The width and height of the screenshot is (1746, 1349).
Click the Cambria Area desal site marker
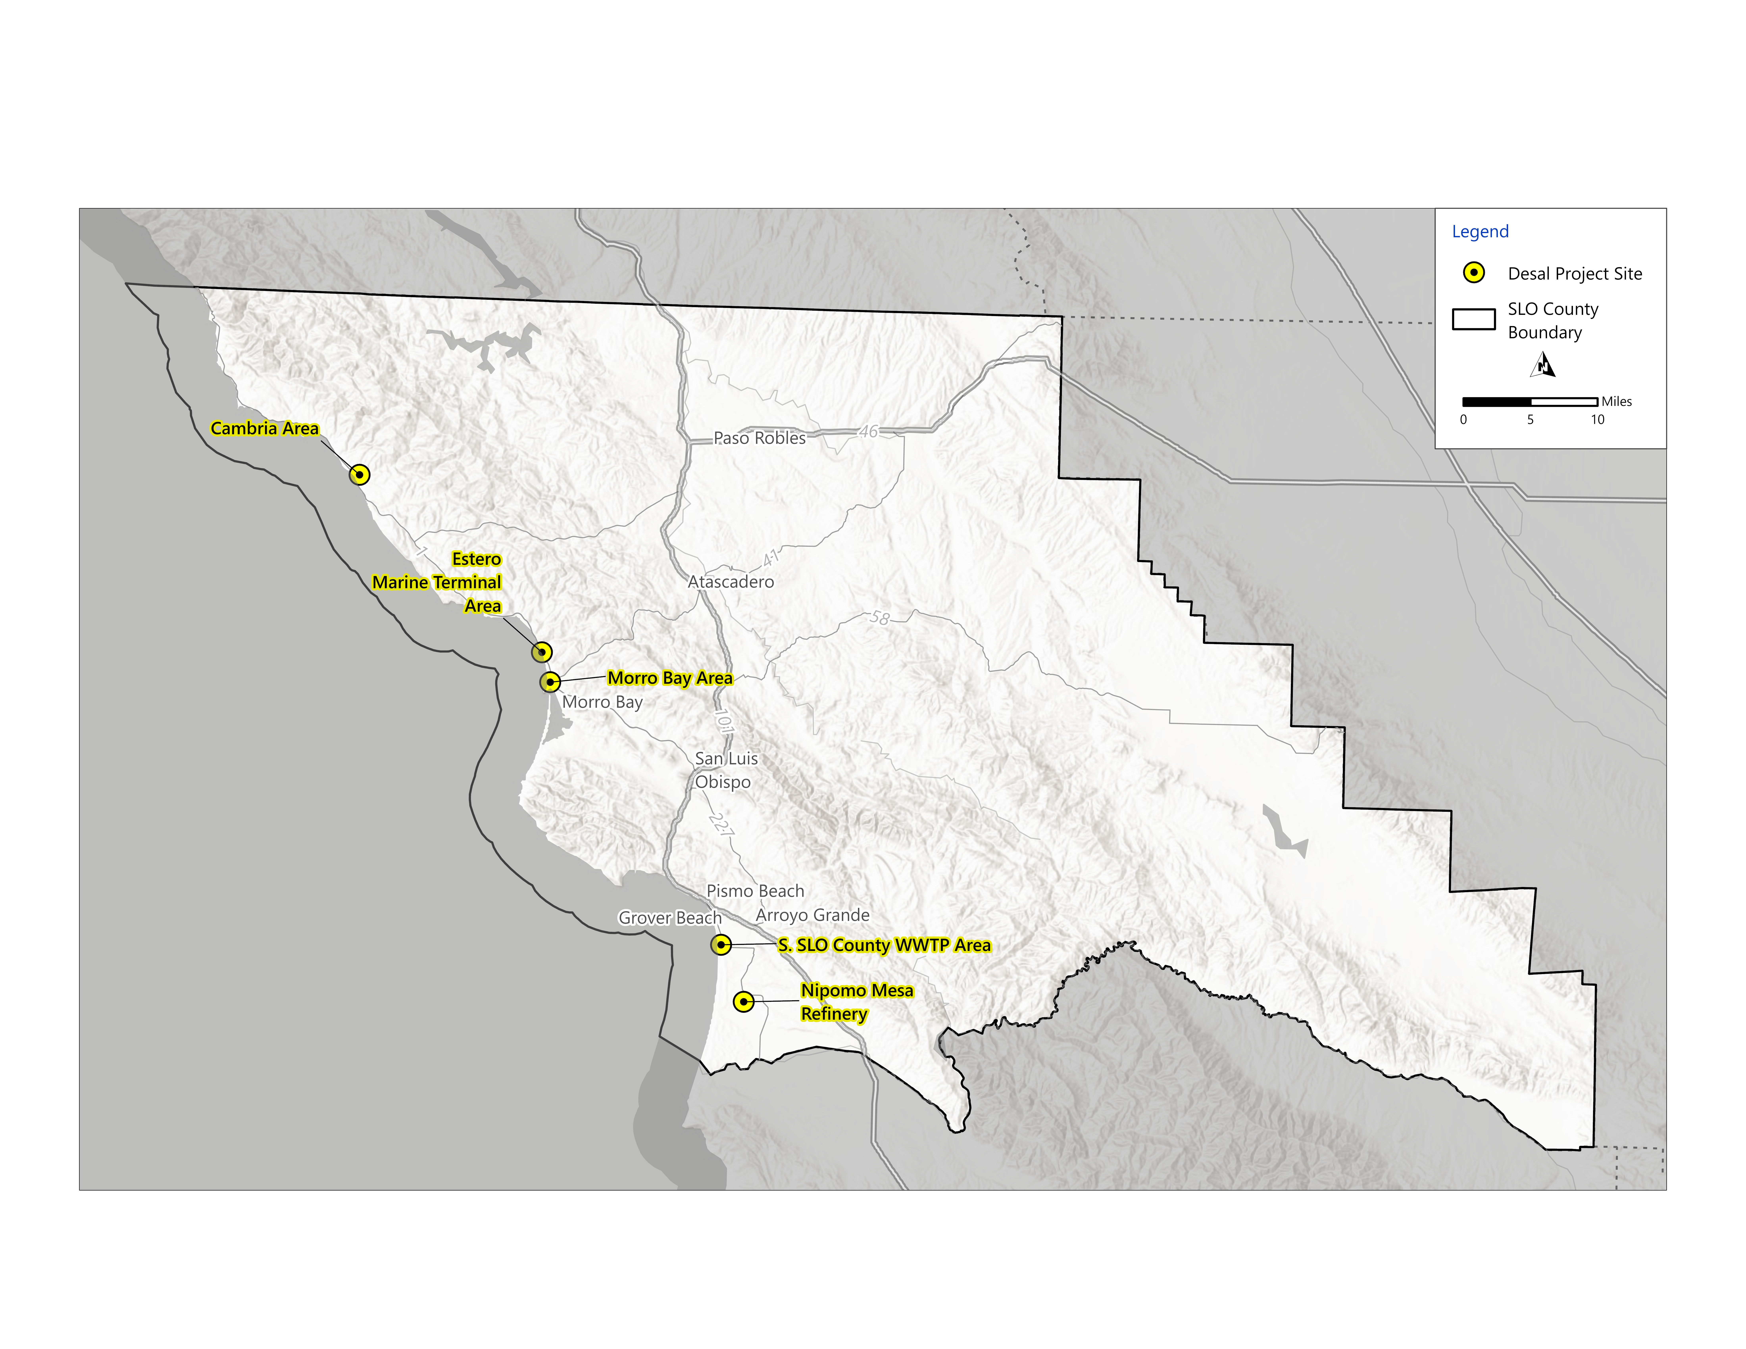pyautogui.click(x=360, y=475)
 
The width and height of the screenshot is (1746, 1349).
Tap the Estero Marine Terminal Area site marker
pyautogui.click(x=542, y=652)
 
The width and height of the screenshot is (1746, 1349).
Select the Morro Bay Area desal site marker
pyautogui.click(x=550, y=682)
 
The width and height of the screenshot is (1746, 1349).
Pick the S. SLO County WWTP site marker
pyautogui.click(x=721, y=945)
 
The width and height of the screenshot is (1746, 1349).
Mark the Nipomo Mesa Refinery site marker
pyautogui.click(x=743, y=1001)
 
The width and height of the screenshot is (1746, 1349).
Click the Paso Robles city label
pyautogui.click(x=760, y=438)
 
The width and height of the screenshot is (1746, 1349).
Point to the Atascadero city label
pyautogui.click(x=731, y=582)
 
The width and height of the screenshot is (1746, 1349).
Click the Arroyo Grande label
pyautogui.click(x=812, y=915)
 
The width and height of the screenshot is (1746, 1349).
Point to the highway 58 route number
pyautogui.click(x=879, y=618)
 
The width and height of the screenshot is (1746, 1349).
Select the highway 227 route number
pyautogui.click(x=720, y=824)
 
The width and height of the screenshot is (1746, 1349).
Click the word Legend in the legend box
pyautogui.click(x=1480, y=232)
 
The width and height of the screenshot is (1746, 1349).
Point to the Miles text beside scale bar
pyautogui.click(x=1616, y=401)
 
